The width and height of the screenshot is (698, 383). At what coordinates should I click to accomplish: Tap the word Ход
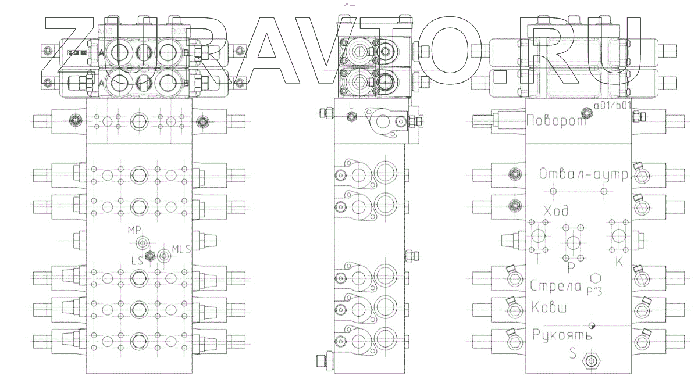coord(555,210)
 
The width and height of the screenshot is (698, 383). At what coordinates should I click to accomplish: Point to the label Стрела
coord(556,285)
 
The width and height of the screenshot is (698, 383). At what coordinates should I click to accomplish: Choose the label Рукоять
coord(562,335)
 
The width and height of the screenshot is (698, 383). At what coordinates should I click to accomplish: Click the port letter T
coord(537,261)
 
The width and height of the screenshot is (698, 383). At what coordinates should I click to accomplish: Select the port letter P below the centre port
coord(571,267)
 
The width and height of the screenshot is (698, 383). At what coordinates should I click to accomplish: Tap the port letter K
coord(619,262)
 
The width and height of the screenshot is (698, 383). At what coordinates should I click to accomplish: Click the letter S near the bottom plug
coord(572,353)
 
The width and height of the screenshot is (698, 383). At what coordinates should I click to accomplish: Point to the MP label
coord(135,231)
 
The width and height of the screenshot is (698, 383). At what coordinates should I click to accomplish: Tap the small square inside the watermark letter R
coord(500,76)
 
